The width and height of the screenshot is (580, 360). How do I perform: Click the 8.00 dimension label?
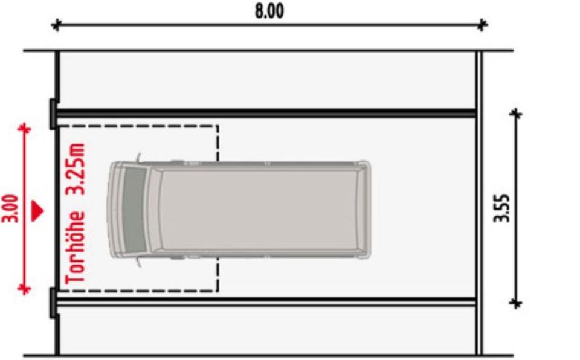(269, 11)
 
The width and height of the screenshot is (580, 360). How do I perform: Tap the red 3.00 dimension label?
(10, 208)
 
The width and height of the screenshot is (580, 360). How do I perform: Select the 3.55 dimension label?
(502, 208)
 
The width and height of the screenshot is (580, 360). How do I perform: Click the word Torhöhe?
(76, 248)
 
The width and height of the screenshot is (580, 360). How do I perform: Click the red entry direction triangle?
(37, 211)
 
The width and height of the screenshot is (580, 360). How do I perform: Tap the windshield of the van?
(135, 209)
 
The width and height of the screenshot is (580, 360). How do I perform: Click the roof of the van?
(259, 209)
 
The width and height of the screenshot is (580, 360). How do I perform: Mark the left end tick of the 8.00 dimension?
(56, 25)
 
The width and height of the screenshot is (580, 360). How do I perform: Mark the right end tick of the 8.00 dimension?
(482, 25)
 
